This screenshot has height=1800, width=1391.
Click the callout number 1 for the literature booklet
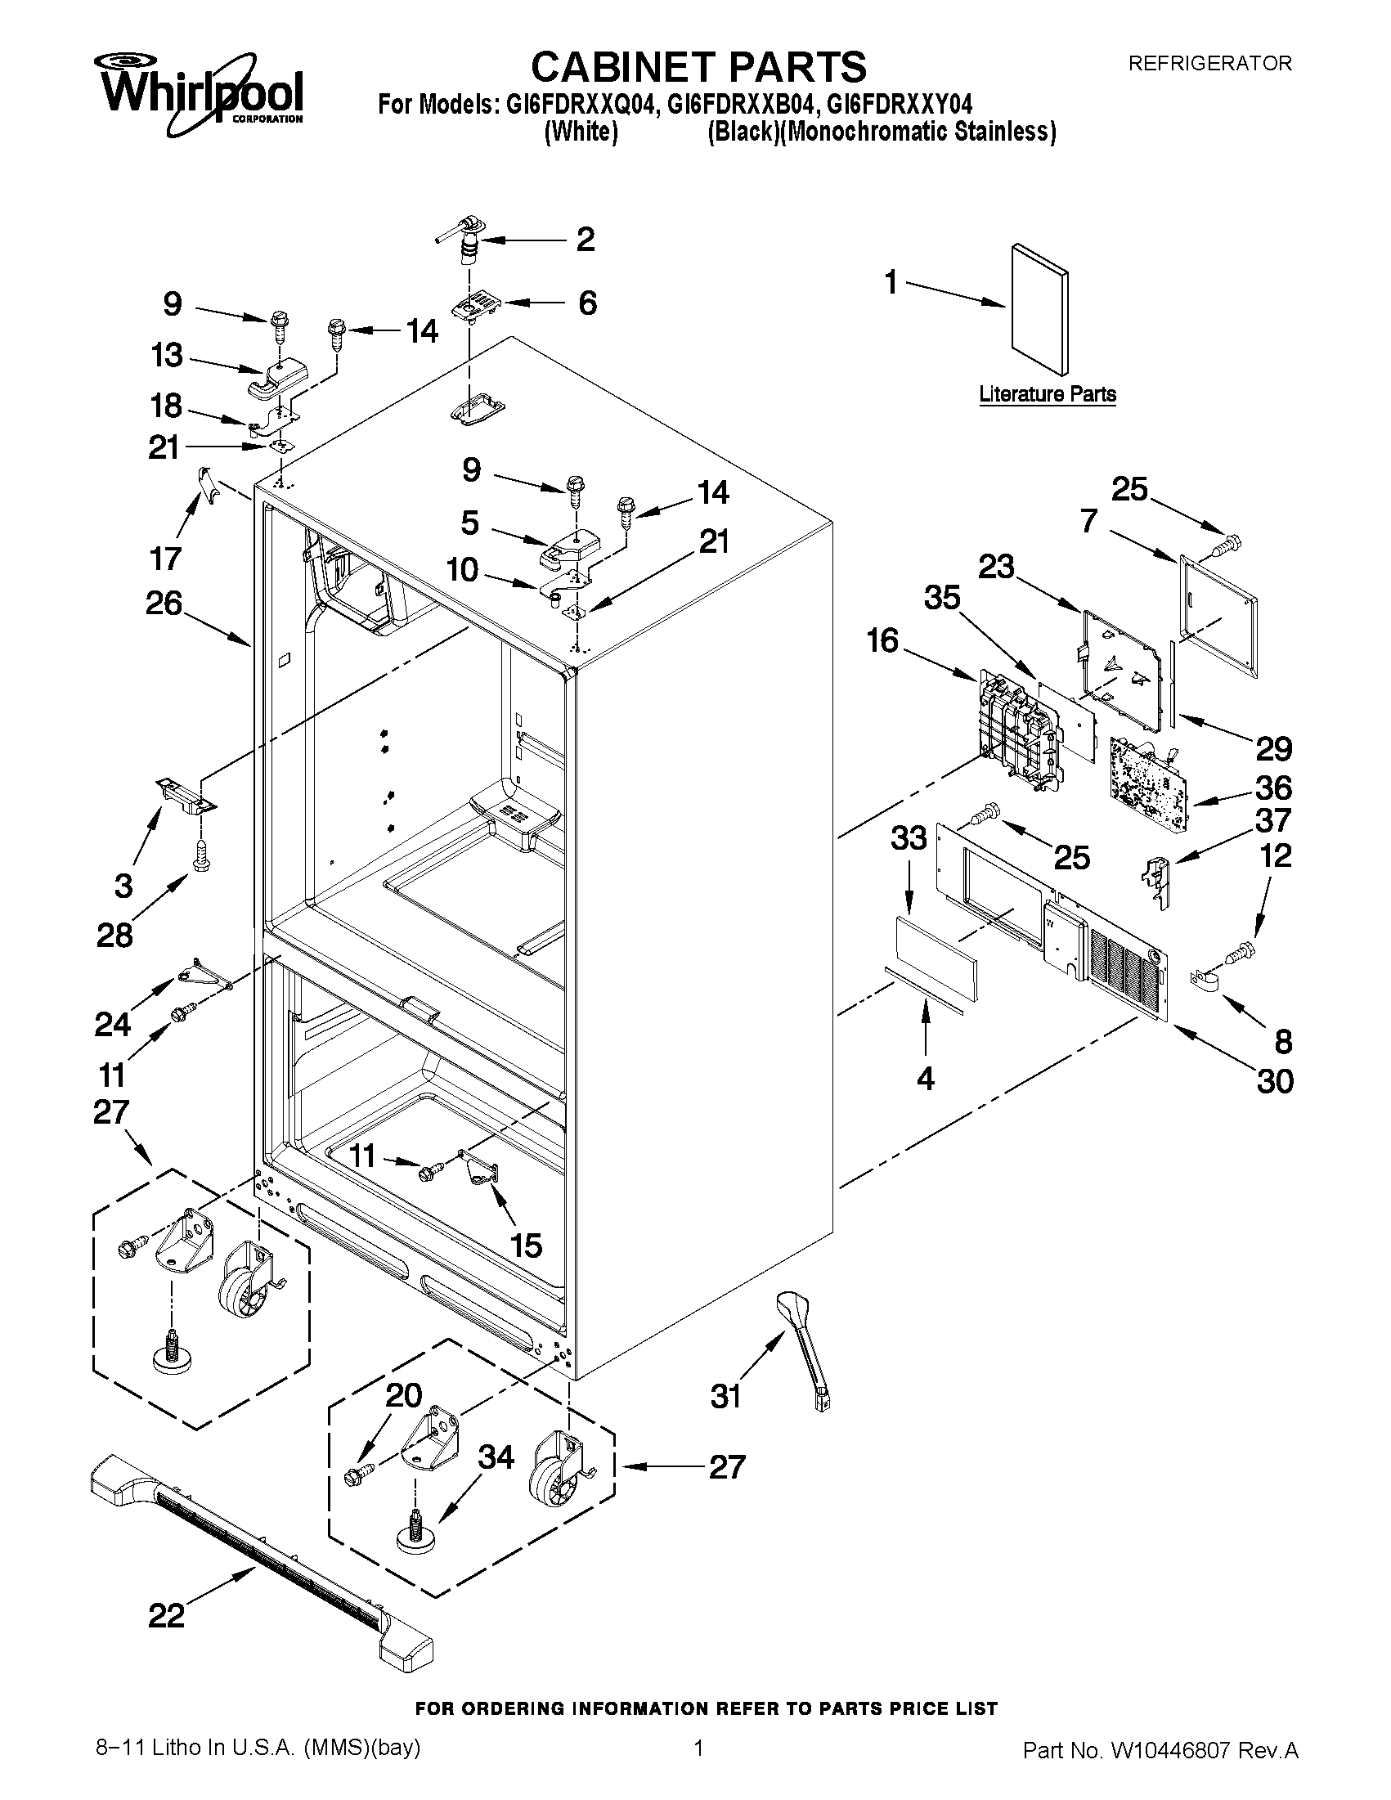[x=891, y=283]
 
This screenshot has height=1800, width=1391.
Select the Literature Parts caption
[x=1048, y=394]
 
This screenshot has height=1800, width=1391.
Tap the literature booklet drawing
[x=1040, y=309]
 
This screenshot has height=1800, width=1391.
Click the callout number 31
[x=726, y=1396]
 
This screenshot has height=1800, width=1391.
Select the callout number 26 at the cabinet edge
[x=164, y=604]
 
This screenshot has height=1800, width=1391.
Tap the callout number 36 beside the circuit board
[x=1273, y=788]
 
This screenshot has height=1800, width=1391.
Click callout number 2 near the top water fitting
[x=585, y=240]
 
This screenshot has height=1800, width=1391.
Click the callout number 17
[x=165, y=559]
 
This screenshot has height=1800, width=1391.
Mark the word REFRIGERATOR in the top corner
[x=1209, y=64]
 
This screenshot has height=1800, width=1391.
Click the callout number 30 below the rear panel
[x=1275, y=1080]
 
